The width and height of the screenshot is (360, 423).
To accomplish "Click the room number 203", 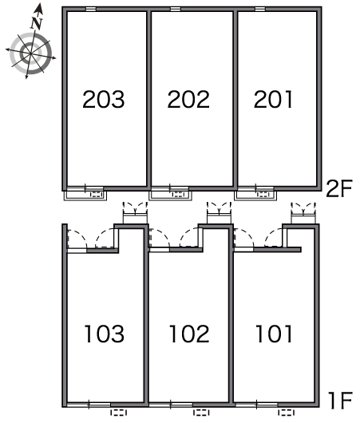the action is (104, 99).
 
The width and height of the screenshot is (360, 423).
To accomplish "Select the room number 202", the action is (188, 99).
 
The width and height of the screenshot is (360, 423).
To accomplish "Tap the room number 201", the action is (273, 99).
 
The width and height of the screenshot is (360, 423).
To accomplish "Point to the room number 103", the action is (104, 334).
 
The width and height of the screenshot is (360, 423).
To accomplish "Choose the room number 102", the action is (189, 334).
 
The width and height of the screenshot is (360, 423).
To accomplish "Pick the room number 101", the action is (274, 334).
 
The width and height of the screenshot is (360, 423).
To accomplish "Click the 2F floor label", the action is (339, 189).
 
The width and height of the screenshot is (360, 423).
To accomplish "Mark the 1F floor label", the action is (341, 401).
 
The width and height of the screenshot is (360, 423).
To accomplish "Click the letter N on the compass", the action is (37, 23).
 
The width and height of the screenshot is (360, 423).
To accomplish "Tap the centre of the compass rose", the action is (31, 53).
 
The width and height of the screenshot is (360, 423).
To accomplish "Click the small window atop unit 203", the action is (91, 9).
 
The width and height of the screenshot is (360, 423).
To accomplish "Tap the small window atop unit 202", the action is (176, 9).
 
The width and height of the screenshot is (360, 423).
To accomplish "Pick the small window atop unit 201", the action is (260, 9).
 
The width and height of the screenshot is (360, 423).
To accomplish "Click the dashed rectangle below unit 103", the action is (119, 413).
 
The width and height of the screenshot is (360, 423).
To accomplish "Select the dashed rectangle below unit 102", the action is (201, 413).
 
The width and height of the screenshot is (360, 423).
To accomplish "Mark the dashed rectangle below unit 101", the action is (287, 413).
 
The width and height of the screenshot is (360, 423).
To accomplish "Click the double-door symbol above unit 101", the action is (303, 212).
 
